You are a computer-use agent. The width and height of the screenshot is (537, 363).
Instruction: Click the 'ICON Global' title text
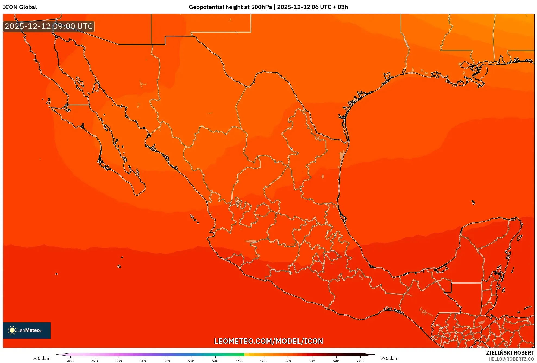[20, 7]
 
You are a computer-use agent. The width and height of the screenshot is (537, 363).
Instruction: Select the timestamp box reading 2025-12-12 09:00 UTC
[49, 26]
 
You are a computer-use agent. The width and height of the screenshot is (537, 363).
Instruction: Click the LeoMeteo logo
[27, 330]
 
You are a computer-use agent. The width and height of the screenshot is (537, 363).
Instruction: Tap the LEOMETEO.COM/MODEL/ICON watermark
[268, 341]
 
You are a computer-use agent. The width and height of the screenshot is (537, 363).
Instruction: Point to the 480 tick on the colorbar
[70, 361]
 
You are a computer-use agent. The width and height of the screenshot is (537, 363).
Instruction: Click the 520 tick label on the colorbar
[167, 361]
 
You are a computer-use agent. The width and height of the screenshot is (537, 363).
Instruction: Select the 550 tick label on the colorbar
[239, 361]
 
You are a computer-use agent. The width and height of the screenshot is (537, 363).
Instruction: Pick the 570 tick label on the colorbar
[288, 361]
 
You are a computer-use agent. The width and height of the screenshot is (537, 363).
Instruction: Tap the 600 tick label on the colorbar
[360, 361]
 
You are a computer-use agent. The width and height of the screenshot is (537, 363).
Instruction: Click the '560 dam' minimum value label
[41, 358]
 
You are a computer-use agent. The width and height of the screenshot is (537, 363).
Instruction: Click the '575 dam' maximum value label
[389, 358]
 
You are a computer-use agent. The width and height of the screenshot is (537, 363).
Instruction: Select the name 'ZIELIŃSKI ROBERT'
[510, 353]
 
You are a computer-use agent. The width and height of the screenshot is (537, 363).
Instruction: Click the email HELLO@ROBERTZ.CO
[511, 359]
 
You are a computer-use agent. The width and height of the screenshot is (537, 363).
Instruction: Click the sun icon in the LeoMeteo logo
[12, 330]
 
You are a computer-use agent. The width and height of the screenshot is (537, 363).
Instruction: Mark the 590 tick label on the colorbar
[336, 361]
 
